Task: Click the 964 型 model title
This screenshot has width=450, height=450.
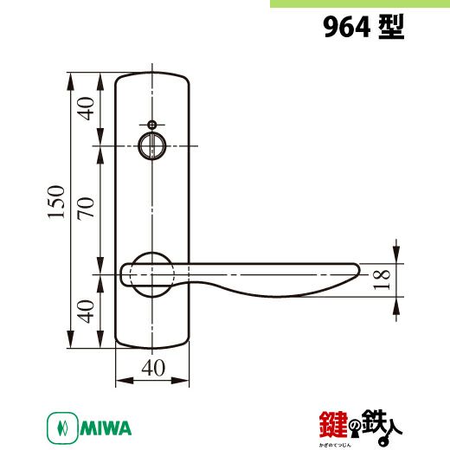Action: point(363,27)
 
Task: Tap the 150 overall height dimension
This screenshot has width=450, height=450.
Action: point(56,202)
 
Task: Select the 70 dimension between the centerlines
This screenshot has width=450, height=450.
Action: point(86,209)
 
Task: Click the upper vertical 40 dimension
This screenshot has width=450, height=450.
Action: point(86,109)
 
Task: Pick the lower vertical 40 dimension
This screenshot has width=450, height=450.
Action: point(86,312)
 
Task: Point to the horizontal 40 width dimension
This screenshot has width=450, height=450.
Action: point(153,368)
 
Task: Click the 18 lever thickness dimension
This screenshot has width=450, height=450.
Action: point(382,280)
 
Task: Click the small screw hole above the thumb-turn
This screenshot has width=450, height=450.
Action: point(152,125)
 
